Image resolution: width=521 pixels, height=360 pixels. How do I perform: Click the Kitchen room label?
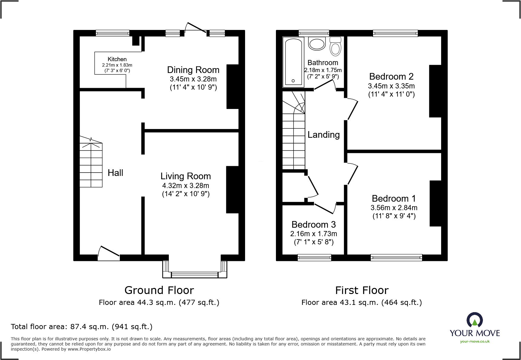(x=117, y=59)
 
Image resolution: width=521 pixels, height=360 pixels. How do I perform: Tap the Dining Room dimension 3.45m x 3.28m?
(x=193, y=79)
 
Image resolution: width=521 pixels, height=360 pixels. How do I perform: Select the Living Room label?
(x=185, y=176)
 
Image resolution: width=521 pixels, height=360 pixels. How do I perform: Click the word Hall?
(x=115, y=173)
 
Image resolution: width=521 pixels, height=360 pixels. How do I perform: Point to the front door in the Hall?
(x=109, y=253)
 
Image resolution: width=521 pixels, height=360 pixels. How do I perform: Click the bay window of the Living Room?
(x=195, y=274)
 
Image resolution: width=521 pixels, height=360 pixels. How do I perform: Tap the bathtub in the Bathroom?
(x=293, y=62)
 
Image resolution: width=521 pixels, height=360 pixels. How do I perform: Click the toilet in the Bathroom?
(x=335, y=47)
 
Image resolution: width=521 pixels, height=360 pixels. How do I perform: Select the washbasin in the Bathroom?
(x=317, y=44)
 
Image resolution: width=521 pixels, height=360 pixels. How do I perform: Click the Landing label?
(x=323, y=135)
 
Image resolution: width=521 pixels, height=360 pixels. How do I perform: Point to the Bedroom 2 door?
(x=352, y=110)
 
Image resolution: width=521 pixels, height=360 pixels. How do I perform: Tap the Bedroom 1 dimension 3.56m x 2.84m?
(x=394, y=208)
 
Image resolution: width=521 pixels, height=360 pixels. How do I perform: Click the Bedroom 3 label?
(x=313, y=225)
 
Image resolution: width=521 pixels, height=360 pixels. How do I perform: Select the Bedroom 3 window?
(x=314, y=258)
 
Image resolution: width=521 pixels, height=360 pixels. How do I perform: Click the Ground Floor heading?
(x=159, y=290)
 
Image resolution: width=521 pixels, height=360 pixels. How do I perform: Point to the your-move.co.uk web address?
(x=475, y=342)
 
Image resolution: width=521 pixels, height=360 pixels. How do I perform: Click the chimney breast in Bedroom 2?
(x=435, y=91)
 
